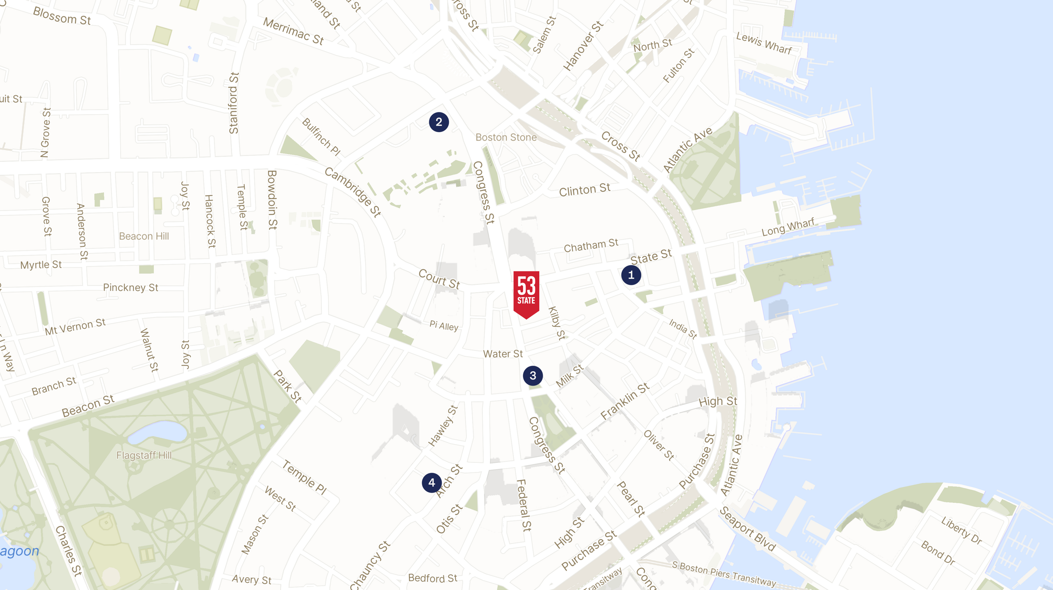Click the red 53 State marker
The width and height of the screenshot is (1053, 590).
tap(526, 293)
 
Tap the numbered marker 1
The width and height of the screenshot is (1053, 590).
tap(631, 275)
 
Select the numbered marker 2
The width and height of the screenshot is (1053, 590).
tap(439, 122)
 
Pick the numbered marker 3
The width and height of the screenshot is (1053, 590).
tap(533, 375)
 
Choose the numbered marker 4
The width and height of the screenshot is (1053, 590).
tap(431, 483)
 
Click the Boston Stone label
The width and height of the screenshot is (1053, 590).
tap(506, 138)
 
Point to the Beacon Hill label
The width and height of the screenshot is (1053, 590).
tap(144, 236)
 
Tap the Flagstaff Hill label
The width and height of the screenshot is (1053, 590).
tap(144, 455)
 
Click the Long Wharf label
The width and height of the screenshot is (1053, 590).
tap(788, 227)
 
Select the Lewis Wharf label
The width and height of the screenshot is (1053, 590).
tap(764, 43)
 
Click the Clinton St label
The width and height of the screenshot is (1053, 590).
tap(584, 190)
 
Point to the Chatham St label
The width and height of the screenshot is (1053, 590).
tap(591, 245)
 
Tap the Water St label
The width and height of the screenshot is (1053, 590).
tap(503, 354)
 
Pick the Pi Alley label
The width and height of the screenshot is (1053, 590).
tap(444, 326)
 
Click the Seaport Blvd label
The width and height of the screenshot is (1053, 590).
tap(747, 529)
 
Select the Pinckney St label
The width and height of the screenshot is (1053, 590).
tap(130, 287)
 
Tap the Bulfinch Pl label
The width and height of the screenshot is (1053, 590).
tap(321, 137)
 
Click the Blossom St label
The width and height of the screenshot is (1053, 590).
tap(62, 16)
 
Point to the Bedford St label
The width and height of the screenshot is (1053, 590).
tap(432, 578)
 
